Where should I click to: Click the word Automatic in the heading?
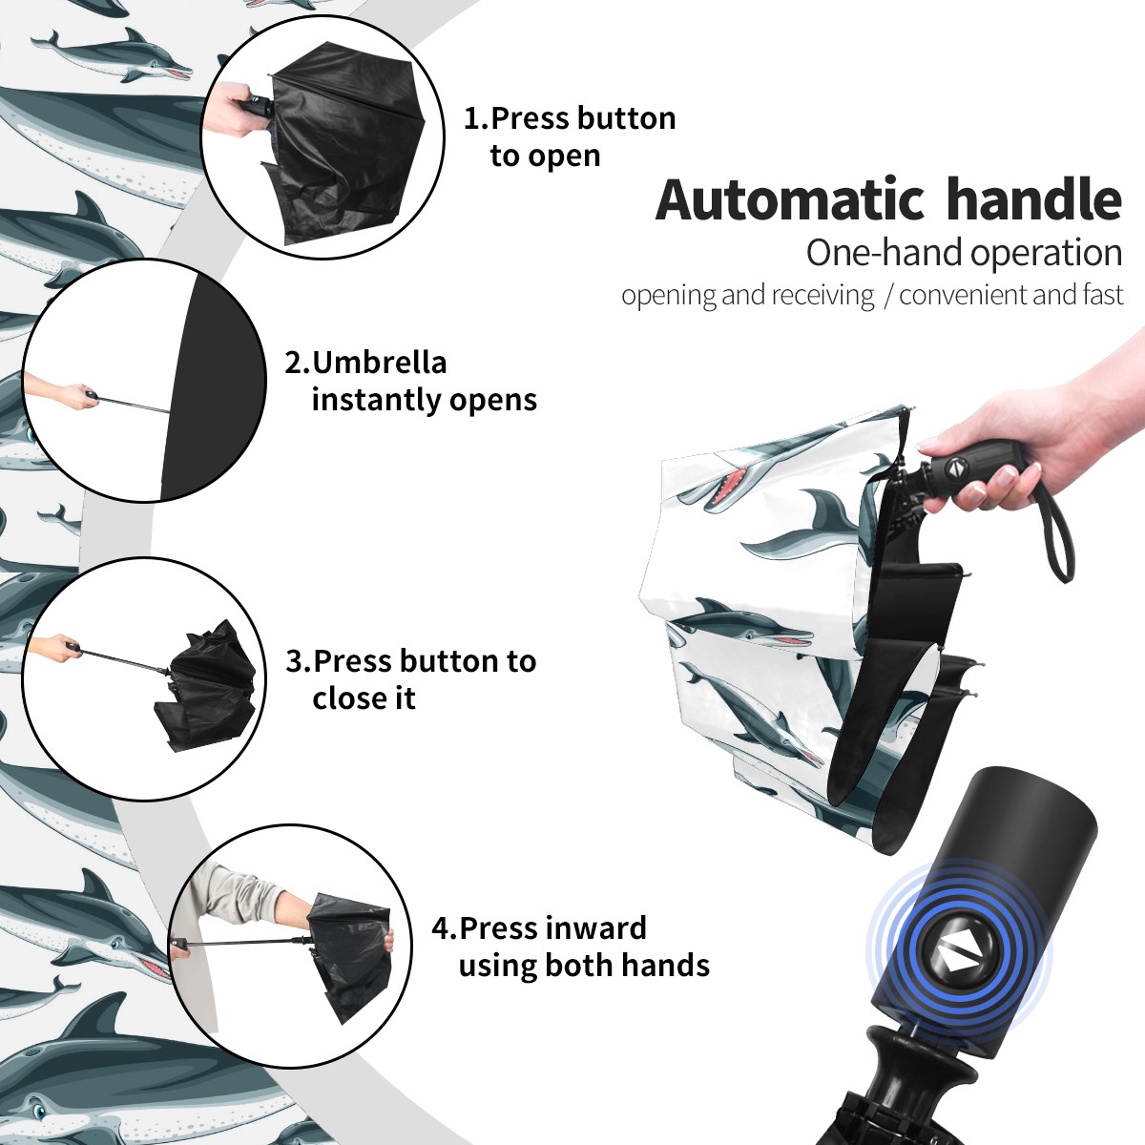(x=790, y=199)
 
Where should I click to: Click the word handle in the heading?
(x=1034, y=198)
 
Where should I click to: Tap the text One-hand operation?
(x=964, y=254)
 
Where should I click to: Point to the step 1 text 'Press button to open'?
(x=570, y=137)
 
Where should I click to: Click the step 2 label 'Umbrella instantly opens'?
(x=410, y=381)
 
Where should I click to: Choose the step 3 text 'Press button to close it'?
(x=410, y=679)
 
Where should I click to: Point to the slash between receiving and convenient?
(x=887, y=295)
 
